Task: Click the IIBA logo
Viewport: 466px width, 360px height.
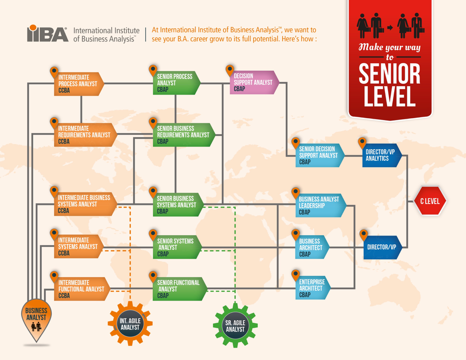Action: [47, 33]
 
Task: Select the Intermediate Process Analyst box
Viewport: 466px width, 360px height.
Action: [79, 84]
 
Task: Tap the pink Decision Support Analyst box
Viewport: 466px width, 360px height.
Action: [255, 82]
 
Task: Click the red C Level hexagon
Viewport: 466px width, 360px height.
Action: [430, 201]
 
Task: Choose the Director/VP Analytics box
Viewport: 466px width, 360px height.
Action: [382, 155]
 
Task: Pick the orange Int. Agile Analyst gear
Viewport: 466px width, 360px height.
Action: [130, 324]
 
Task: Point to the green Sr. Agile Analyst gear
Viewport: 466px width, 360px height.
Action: [235, 326]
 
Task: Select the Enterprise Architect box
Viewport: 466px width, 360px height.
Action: [313, 288]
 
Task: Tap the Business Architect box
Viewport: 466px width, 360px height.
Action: [312, 247]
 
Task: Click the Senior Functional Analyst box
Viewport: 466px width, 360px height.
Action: [180, 289]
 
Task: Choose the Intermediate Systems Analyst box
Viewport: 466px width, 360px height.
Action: [79, 247]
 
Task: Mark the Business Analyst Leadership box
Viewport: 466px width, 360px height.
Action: [321, 205]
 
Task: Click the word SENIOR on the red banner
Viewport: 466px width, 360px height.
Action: [389, 74]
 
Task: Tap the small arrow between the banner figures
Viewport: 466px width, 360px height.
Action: [390, 28]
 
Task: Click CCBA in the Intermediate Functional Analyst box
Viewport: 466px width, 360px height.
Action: [64, 295]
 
